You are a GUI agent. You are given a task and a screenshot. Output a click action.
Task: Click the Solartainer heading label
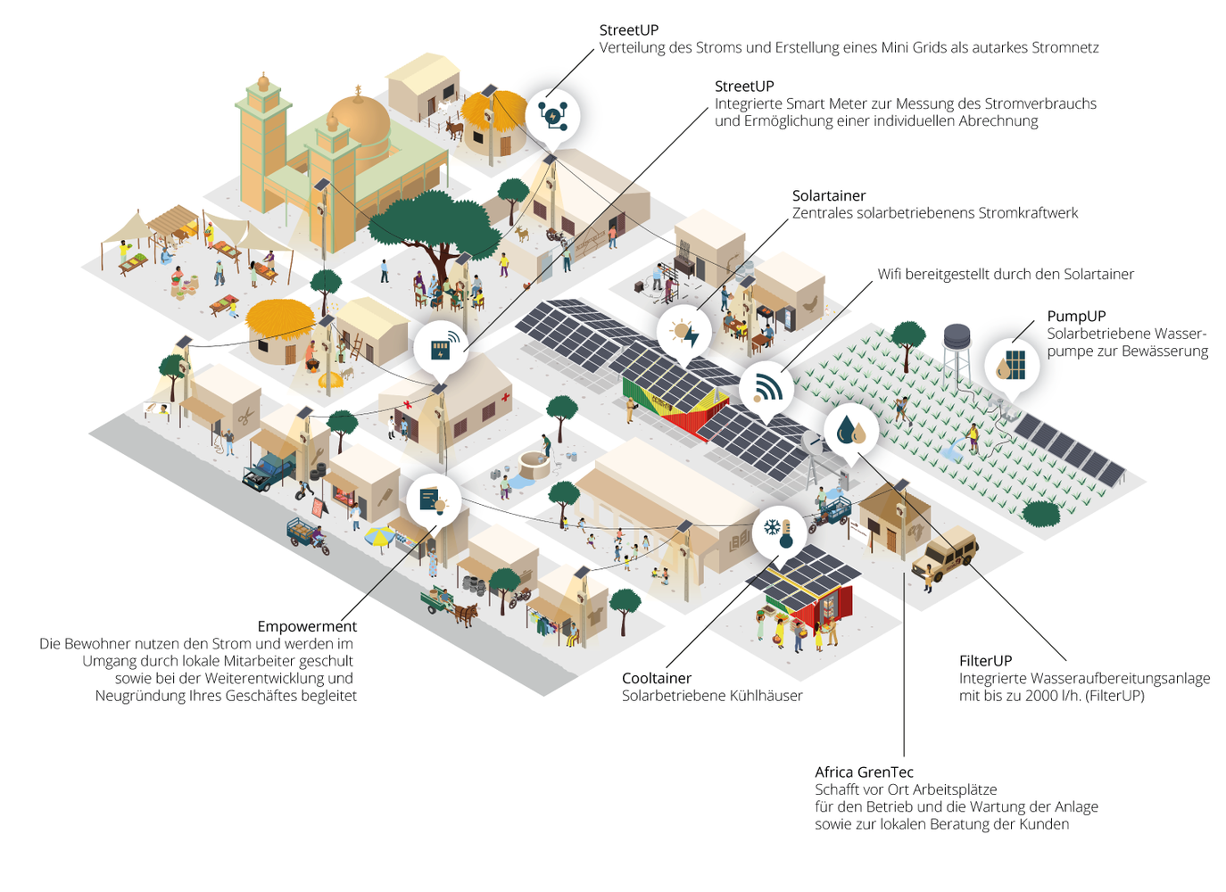click(x=828, y=195)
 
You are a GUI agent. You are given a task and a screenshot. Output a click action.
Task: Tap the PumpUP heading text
click(x=1076, y=316)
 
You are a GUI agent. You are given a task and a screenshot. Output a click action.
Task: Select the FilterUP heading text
click(x=985, y=661)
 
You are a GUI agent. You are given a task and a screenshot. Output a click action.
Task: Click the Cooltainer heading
click(x=656, y=678)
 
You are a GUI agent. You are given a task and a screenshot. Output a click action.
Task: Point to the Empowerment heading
click(x=307, y=626)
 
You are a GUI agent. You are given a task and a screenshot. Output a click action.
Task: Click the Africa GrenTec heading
click(x=864, y=772)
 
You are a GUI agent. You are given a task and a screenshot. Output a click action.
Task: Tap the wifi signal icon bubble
click(x=766, y=388)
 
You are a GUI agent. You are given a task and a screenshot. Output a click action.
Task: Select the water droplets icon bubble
click(x=850, y=431)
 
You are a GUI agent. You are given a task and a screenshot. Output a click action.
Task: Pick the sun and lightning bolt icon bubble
click(x=684, y=334)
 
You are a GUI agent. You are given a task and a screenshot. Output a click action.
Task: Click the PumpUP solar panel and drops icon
click(x=1012, y=366)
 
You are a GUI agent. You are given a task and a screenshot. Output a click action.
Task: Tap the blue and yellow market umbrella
click(x=380, y=536)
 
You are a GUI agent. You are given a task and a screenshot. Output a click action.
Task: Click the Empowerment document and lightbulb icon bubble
click(x=433, y=500)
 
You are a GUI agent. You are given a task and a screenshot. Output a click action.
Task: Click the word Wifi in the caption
click(x=890, y=274)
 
